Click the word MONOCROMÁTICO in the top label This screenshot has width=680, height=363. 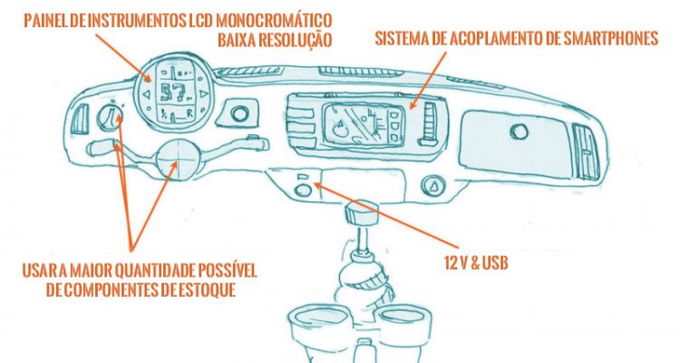click(274, 20)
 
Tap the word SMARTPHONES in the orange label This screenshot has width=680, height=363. click(610, 38)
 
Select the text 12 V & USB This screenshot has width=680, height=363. click(476, 263)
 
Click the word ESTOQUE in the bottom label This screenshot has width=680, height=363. click(207, 289)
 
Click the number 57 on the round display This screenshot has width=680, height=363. click(172, 93)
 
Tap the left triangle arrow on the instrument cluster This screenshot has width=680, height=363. click(147, 94)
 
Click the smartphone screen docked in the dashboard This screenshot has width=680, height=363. click(364, 124)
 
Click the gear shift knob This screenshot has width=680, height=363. click(361, 212)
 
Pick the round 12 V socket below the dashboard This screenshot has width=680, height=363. click(303, 191)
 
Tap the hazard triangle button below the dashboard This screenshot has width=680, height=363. click(433, 185)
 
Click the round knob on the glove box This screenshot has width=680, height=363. click(519, 131)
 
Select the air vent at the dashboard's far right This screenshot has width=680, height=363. click(587, 152)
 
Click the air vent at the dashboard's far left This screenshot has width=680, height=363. click(80, 119)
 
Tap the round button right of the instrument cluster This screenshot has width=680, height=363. click(240, 113)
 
